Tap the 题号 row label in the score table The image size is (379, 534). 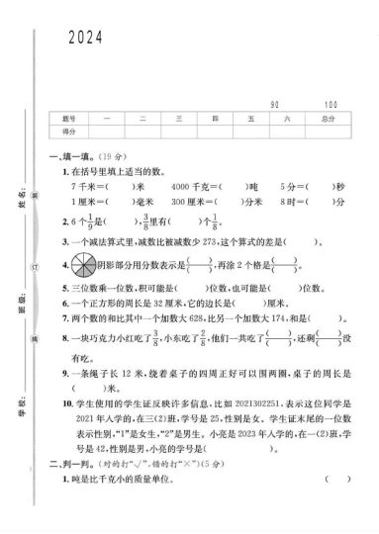click(x=69, y=118)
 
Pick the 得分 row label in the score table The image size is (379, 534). click(x=69, y=131)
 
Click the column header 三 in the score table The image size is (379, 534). click(x=178, y=118)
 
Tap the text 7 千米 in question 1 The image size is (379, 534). click(x=83, y=186)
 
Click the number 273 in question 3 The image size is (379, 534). click(x=206, y=241)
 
